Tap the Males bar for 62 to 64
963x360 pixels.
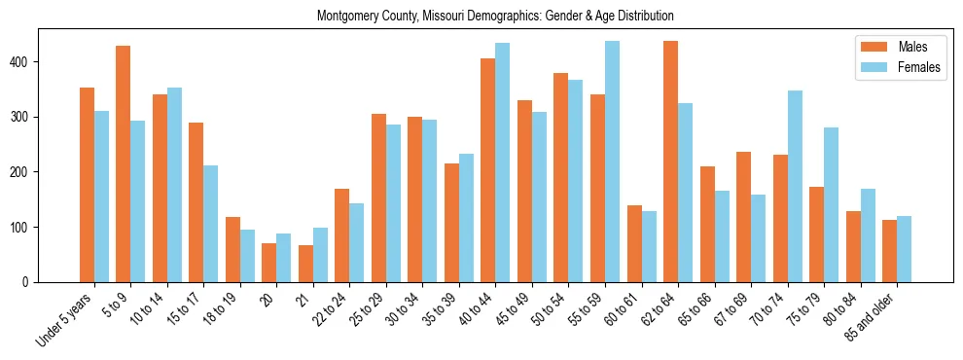(670, 162)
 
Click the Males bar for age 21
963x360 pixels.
(305, 264)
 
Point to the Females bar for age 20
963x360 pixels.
(284, 258)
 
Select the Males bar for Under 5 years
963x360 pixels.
(87, 185)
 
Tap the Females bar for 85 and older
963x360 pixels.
(904, 249)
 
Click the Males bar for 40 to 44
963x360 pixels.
(487, 170)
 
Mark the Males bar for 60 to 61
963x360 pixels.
(634, 243)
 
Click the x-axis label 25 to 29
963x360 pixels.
(366, 309)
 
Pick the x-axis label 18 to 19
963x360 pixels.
(220, 309)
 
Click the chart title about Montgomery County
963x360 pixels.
(495, 17)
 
